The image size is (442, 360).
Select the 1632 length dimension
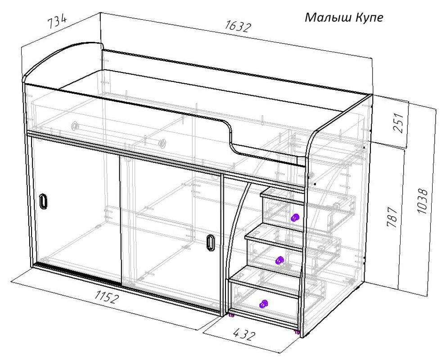[238, 27]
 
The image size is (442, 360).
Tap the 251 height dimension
[399, 123]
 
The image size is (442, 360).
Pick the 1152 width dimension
[106, 297]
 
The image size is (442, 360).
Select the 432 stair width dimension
[244, 334]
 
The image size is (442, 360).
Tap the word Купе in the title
[369, 18]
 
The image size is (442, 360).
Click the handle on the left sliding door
[43, 202]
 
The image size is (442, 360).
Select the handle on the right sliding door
[210, 242]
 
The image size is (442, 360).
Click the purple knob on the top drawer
[295, 218]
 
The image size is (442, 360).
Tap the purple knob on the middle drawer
[279, 260]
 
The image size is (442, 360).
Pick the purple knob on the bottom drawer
[263, 304]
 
